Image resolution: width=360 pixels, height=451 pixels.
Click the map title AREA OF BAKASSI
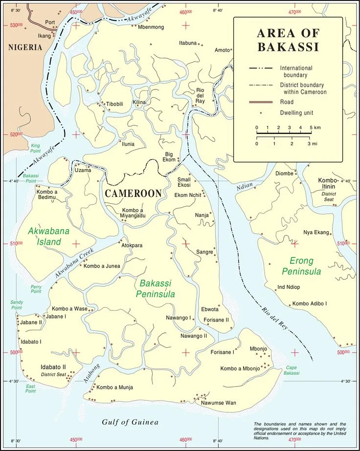[288, 40]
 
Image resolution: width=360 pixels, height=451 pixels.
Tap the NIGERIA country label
[25, 47]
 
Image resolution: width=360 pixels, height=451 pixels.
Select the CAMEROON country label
[133, 193]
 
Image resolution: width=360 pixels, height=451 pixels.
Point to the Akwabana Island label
[45, 236]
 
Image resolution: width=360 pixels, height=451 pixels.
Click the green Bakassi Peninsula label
[157, 288]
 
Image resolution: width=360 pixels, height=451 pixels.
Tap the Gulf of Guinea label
[130, 422]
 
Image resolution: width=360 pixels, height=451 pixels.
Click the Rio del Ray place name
[200, 96]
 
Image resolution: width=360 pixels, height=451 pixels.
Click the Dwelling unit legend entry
[296, 113]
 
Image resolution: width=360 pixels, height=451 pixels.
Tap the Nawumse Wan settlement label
[218, 403]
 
